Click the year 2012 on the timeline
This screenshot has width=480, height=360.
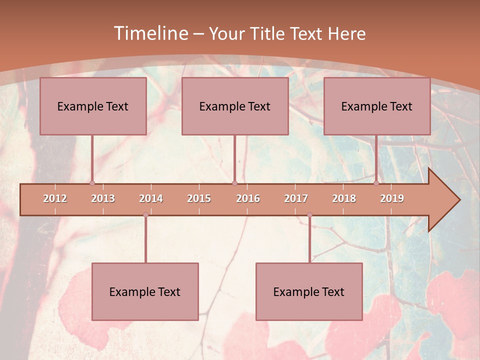55,198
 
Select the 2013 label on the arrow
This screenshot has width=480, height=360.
103,198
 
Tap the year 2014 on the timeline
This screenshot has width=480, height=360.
151,198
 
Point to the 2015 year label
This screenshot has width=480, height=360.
199,198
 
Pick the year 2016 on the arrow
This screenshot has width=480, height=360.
248,198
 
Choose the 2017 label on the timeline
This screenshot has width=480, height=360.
296,198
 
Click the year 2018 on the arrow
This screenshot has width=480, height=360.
344,198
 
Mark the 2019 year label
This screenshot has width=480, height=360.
392,198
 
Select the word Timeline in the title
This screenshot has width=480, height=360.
150,33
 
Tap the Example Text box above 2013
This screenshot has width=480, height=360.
93,106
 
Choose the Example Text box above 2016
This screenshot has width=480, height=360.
235,106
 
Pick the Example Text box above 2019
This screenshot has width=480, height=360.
377,106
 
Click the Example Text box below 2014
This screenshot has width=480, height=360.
145,291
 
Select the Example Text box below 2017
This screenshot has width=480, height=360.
309,291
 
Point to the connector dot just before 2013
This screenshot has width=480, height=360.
92,183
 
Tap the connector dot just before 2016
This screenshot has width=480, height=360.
234,183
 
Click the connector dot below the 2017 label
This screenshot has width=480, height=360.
309,215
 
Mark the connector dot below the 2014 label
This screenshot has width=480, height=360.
145,215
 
